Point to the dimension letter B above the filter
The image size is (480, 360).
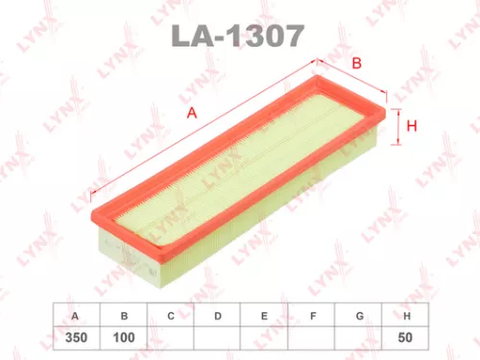point(356,63)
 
